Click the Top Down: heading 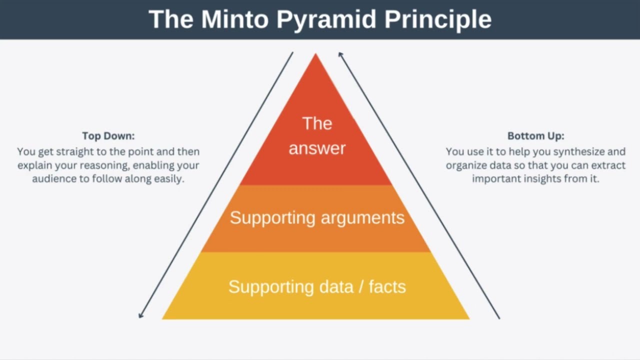pos(108,136)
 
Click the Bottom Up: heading pos(535,136)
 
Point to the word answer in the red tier pos(317,148)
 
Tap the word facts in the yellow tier pos(387,286)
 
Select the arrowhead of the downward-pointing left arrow pos(141,315)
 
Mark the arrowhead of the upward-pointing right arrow pos(340,54)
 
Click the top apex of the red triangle pos(315,54)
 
